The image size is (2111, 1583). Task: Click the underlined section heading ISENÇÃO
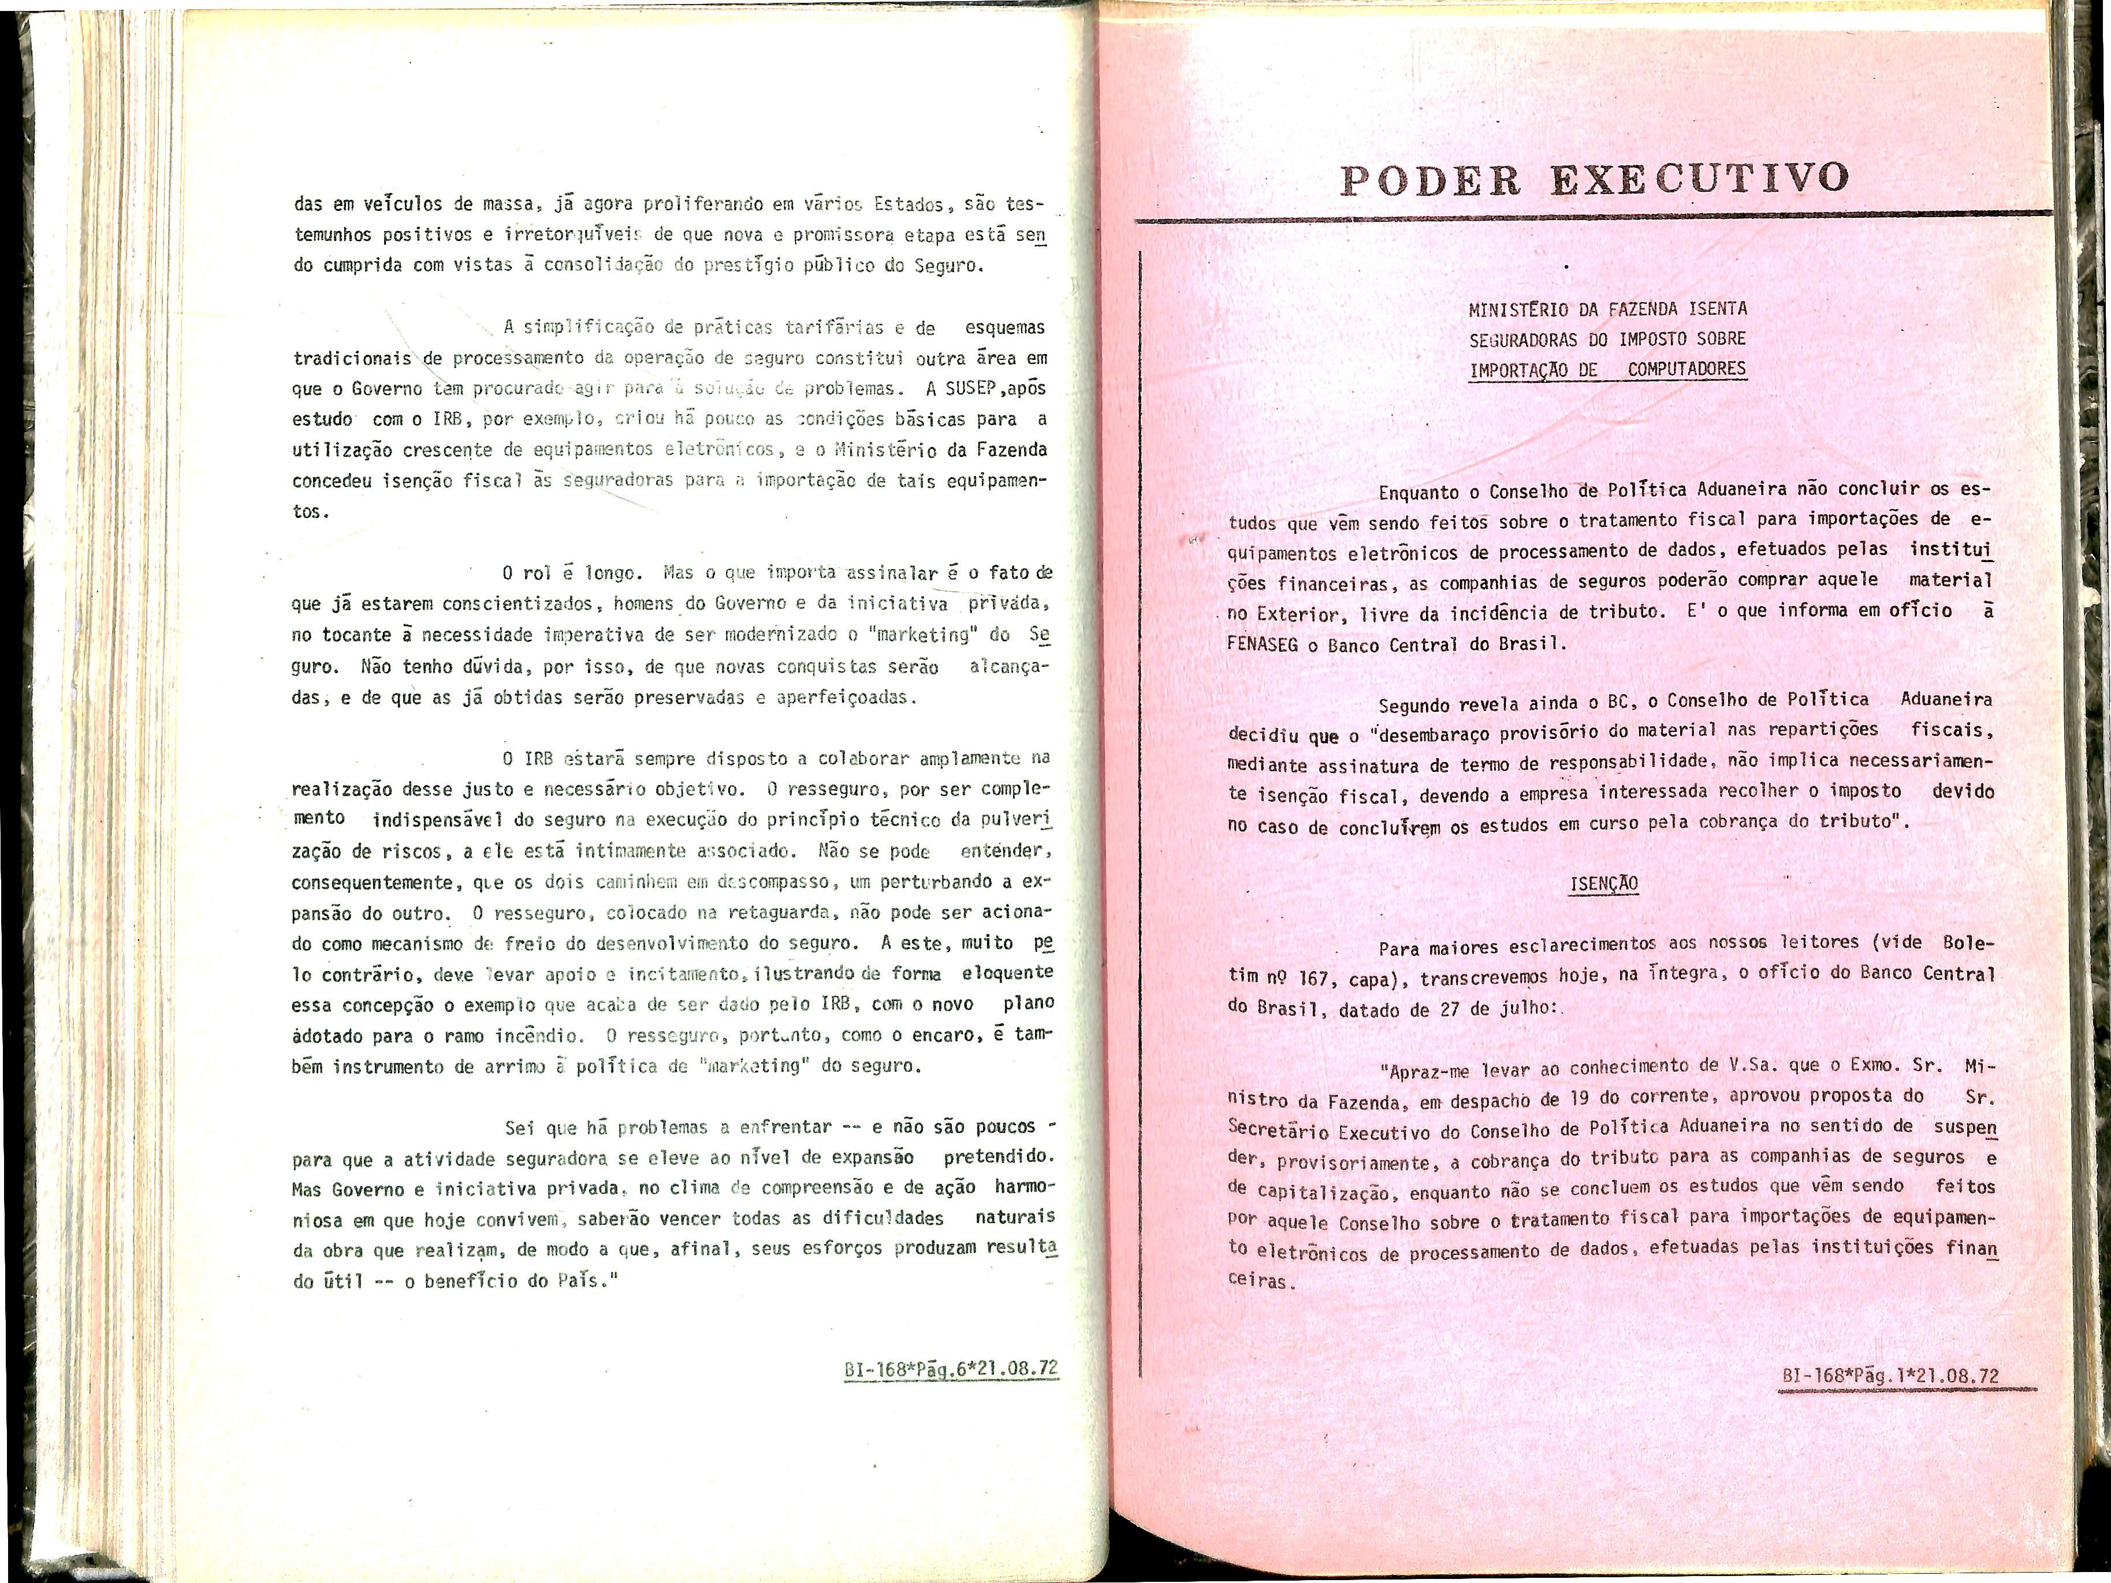(1603, 883)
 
